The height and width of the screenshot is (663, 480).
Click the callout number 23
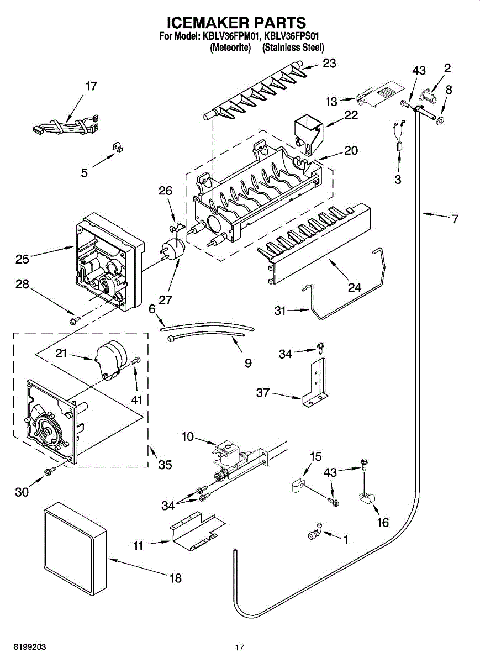click(x=329, y=63)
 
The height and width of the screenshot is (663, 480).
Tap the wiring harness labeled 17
click(x=66, y=125)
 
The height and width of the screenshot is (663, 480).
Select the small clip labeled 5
click(x=118, y=146)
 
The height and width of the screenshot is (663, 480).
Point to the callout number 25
click(x=22, y=259)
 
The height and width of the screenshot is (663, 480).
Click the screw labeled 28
click(x=75, y=320)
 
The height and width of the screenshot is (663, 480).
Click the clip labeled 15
click(x=297, y=486)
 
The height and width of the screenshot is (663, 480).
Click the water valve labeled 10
click(x=237, y=461)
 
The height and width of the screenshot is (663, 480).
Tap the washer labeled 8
click(x=441, y=120)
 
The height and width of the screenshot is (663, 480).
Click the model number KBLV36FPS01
click(x=291, y=36)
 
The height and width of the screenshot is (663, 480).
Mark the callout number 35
click(x=165, y=465)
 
